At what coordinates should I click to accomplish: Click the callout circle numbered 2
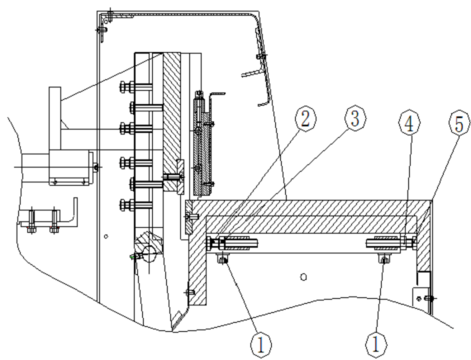306,119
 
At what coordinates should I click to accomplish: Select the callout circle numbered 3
355,119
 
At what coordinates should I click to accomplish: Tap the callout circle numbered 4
409,123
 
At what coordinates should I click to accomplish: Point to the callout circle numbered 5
459,123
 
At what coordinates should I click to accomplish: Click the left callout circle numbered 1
261,344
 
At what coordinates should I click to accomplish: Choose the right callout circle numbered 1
375,344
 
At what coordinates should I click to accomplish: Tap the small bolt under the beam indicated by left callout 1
222,259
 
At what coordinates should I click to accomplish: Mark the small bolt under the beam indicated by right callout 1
384,259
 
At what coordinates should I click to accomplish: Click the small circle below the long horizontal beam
304,277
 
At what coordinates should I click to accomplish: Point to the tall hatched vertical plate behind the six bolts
172,121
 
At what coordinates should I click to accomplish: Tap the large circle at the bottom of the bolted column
150,253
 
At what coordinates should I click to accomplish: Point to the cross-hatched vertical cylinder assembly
202,143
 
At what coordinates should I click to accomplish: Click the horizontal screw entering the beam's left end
192,216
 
